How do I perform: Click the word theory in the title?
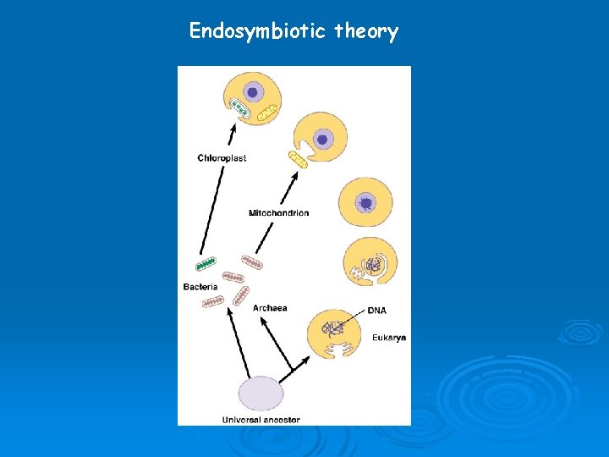click(x=366, y=32)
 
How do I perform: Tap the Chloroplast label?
click(x=222, y=158)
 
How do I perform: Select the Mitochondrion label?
click(x=278, y=212)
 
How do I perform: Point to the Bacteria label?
click(x=200, y=287)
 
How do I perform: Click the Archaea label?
click(x=270, y=307)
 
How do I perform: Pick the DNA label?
click(x=377, y=311)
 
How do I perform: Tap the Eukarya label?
click(x=389, y=338)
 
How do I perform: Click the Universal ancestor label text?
click(x=261, y=419)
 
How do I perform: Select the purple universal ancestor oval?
click(x=261, y=394)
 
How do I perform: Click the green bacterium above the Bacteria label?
click(x=206, y=263)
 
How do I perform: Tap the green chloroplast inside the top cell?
click(x=243, y=110)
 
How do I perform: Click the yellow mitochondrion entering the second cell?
click(x=297, y=158)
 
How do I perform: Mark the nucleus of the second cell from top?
click(x=322, y=139)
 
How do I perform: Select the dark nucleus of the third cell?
click(x=365, y=202)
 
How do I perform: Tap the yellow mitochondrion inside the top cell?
click(x=268, y=112)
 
